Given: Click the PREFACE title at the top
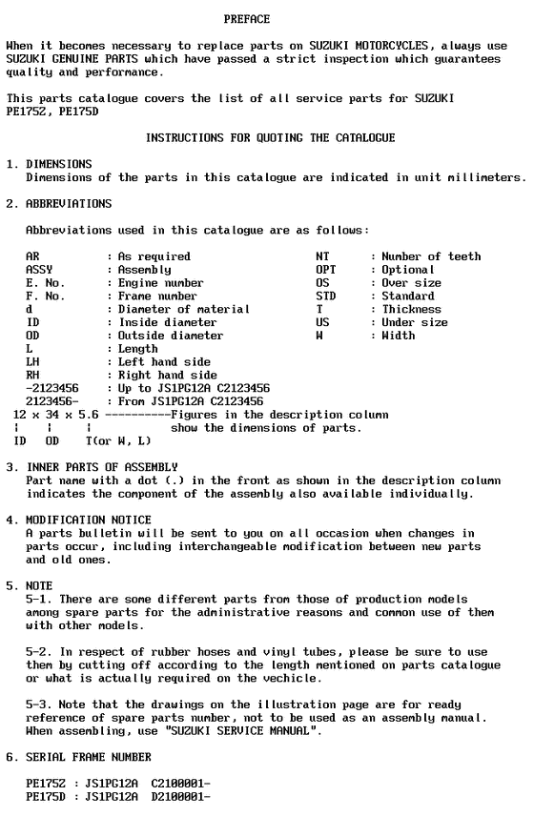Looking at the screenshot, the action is coord(246,19).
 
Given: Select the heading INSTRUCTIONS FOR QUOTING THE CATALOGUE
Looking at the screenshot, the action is coord(270,138).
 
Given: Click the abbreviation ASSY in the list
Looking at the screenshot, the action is coord(39,270).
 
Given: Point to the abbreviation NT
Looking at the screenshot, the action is coord(321,256).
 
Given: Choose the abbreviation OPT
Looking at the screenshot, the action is coord(325,270).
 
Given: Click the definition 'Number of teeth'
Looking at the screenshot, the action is coord(431,256).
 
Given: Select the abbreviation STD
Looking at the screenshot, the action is coord(325,296).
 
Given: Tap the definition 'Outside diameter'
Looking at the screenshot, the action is coord(171,336).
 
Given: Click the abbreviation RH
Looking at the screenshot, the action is coord(32,376).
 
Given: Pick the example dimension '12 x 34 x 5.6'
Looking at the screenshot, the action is coord(56,415).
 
